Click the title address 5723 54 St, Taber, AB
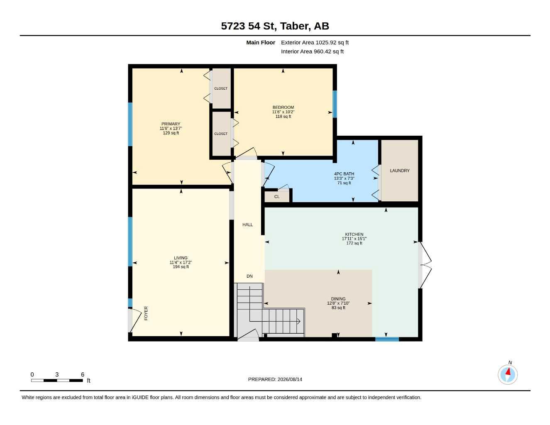point(275,26)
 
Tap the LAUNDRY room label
point(400,171)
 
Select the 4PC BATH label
point(344,174)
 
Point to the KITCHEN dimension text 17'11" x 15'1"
point(354,239)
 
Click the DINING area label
point(338,299)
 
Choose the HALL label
point(247,225)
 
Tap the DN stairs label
point(249,276)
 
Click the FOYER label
point(146,313)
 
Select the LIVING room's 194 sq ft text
point(181,267)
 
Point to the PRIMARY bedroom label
point(171,124)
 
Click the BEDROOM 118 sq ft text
point(283,117)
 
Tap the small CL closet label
point(277,197)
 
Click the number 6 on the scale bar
point(83,374)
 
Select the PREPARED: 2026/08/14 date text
point(275,379)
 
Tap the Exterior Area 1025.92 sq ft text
point(315,42)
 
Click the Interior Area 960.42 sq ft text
point(312,51)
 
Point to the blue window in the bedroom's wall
point(335,104)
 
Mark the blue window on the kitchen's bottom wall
point(387,339)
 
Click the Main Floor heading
point(261,42)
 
